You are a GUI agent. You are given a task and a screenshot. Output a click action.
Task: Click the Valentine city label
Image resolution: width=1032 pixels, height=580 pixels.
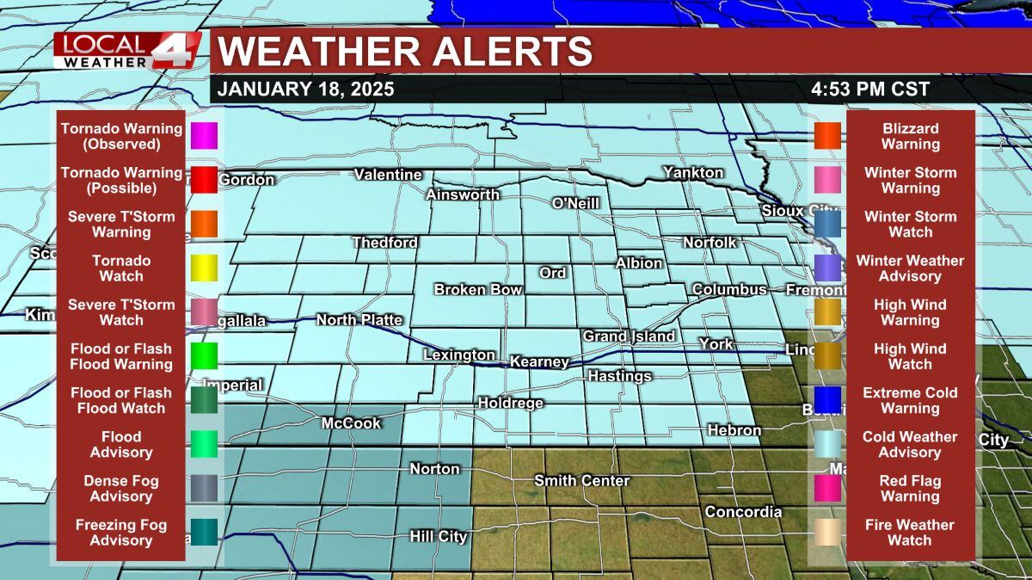click(x=388, y=175)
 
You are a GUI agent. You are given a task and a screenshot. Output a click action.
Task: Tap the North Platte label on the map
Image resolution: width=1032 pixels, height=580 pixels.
click(x=359, y=320)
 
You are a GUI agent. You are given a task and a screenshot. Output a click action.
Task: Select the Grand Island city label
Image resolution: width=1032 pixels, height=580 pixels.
click(x=629, y=336)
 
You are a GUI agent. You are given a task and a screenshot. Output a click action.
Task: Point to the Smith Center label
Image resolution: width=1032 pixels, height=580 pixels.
click(x=581, y=480)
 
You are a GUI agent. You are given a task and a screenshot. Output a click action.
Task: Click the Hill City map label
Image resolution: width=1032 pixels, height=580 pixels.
click(x=438, y=537)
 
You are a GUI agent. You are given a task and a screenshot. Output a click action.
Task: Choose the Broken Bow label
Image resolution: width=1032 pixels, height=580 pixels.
click(x=477, y=289)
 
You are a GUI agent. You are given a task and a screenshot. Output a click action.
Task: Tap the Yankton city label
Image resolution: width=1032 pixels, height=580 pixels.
click(x=692, y=172)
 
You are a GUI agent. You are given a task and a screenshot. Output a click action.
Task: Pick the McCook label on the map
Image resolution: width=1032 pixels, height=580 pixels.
click(x=351, y=423)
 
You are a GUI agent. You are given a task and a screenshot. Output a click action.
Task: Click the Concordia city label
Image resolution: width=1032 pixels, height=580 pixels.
click(x=743, y=512)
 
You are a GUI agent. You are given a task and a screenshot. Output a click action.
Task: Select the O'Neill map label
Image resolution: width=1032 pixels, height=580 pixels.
click(x=575, y=203)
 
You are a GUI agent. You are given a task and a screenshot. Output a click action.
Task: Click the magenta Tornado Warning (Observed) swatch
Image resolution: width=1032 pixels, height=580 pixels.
click(x=204, y=136)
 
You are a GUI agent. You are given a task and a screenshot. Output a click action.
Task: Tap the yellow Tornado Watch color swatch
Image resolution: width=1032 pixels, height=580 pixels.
click(x=204, y=268)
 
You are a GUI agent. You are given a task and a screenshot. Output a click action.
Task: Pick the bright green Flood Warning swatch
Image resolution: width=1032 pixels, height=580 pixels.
click(x=204, y=355)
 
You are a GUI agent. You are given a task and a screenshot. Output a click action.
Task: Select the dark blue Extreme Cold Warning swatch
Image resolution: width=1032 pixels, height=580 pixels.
click(x=827, y=399)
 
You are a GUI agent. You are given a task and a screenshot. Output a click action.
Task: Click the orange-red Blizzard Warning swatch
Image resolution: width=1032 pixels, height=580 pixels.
click(x=827, y=136)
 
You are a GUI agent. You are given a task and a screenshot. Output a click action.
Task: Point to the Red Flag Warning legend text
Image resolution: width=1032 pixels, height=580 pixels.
click(x=910, y=489)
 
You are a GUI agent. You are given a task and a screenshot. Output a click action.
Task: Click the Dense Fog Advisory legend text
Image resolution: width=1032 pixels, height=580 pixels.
click(x=121, y=489)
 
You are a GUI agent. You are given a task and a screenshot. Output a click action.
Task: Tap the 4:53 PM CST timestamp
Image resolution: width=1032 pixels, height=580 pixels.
click(x=869, y=89)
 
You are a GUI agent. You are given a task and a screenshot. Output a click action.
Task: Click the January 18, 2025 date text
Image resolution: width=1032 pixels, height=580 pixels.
click(x=305, y=89)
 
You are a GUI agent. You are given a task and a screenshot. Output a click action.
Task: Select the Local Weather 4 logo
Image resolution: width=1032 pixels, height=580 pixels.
click(x=127, y=52)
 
